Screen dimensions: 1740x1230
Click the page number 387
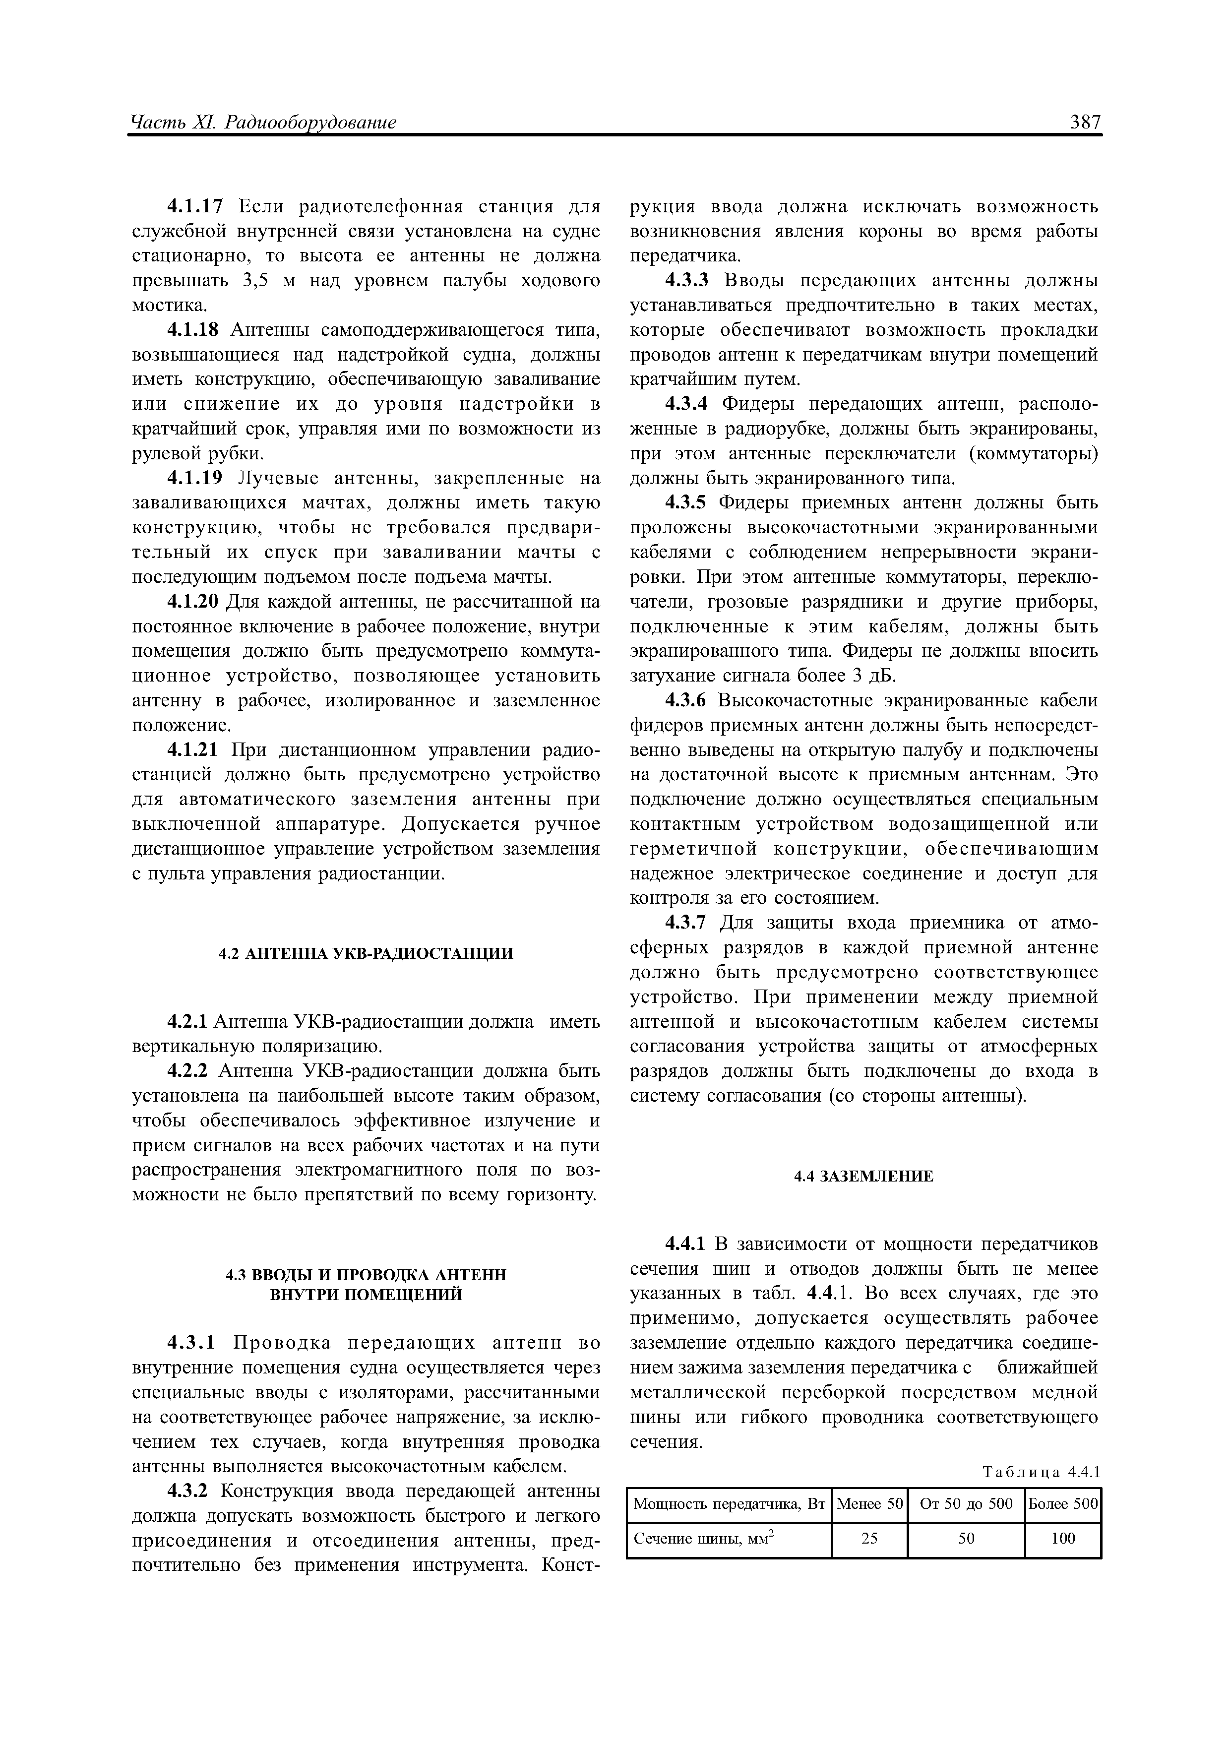(x=1084, y=121)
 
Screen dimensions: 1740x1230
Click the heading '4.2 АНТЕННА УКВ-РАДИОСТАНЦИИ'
(x=366, y=953)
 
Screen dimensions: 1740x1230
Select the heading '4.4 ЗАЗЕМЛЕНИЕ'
(x=863, y=1176)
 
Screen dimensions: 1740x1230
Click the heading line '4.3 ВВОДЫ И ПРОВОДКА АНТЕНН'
(x=366, y=1275)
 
